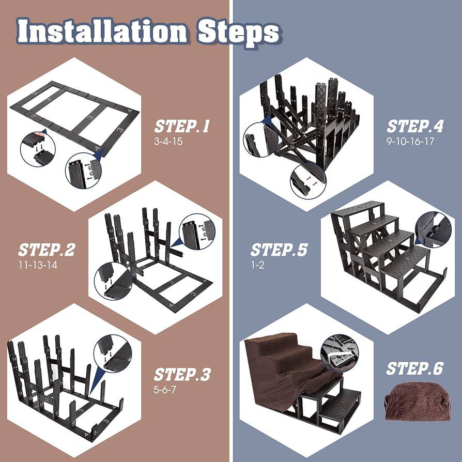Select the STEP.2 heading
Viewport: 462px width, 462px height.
pos(47,250)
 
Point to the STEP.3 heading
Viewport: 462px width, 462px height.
pos(182,374)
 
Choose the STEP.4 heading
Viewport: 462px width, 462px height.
pos(415,127)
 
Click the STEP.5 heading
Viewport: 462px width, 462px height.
pos(279,250)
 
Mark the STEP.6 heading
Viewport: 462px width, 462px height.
pos(415,368)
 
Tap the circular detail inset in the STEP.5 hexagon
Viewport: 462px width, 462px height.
pos(433,227)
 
